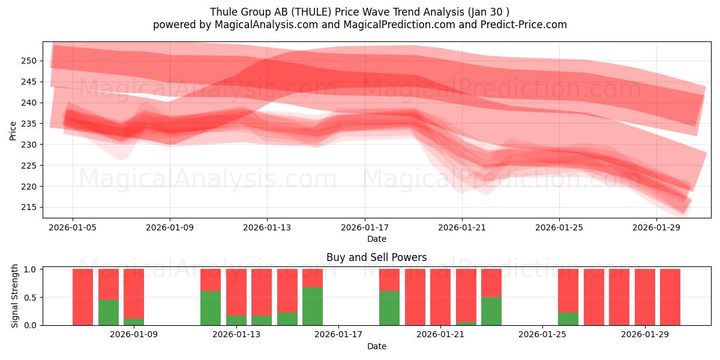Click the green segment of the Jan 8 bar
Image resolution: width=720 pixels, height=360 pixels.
click(x=109, y=313)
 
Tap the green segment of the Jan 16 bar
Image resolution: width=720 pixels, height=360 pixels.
click(x=313, y=306)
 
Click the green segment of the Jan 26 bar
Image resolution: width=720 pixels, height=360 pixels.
click(x=568, y=319)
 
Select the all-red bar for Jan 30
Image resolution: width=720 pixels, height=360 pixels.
click(x=670, y=297)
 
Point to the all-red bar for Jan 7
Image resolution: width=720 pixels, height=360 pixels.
click(x=83, y=297)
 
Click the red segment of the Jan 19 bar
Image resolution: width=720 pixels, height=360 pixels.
click(x=389, y=280)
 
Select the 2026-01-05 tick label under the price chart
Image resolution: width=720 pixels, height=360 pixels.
click(x=73, y=227)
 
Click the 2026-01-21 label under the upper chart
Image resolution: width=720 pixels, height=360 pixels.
click(x=461, y=227)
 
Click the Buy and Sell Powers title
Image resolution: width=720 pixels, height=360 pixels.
click(x=376, y=257)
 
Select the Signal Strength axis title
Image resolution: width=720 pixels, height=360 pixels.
click(x=15, y=296)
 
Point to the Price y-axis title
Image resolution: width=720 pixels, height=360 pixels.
click(x=13, y=130)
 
